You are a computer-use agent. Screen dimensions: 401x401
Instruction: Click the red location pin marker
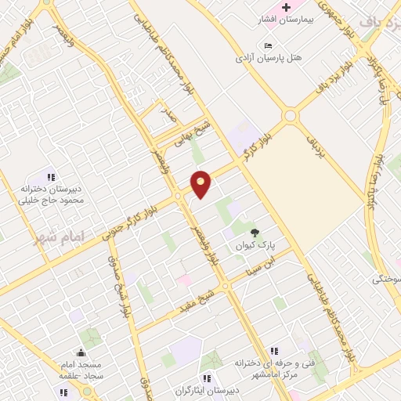click(x=201, y=184)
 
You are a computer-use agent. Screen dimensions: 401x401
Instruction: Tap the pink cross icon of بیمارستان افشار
click(x=286, y=7)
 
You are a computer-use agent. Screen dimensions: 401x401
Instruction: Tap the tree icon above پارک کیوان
click(x=255, y=232)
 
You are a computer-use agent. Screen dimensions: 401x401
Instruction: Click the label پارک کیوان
click(x=255, y=245)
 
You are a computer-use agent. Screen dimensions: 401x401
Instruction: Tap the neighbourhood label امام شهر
click(x=59, y=237)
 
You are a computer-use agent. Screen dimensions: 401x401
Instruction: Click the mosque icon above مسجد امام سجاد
click(x=81, y=353)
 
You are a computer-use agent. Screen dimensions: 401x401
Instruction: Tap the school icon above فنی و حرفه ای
click(x=273, y=351)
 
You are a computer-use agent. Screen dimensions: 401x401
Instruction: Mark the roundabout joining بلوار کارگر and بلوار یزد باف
click(x=291, y=116)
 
